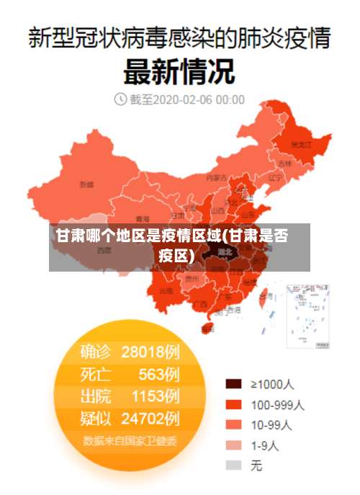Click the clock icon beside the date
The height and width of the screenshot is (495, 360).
[x=120, y=99]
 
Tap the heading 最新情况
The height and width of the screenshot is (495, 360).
[x=179, y=71]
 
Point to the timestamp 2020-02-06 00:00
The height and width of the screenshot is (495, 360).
[x=198, y=99]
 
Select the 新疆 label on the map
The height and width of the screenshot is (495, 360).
[x=86, y=184]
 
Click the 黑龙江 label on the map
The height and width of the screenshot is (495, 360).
[x=301, y=144]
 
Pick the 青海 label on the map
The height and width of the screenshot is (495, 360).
[x=143, y=218]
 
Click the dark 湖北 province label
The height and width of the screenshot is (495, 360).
[x=225, y=252]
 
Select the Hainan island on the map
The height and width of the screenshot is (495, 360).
[x=208, y=328]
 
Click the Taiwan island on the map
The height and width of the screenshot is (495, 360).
[x=264, y=295]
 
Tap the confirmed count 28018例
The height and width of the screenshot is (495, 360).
[x=150, y=352]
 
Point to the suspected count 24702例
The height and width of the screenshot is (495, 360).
[x=150, y=418]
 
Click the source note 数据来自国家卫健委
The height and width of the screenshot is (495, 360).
[x=130, y=440]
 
